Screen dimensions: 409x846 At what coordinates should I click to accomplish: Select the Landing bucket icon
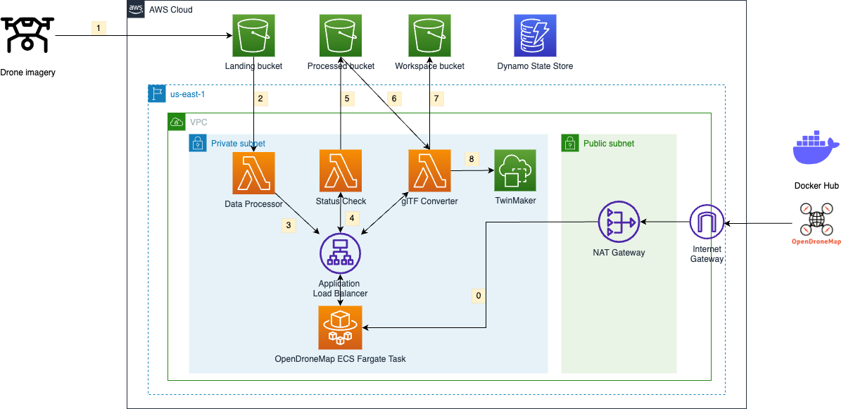253,36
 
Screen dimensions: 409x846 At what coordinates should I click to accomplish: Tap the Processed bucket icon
341,36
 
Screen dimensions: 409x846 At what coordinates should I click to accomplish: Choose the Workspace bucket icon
429,36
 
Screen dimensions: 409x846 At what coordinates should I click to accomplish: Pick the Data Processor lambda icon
253,171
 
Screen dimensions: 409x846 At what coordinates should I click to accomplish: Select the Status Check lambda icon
341,171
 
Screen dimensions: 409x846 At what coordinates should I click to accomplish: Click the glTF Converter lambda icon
429,171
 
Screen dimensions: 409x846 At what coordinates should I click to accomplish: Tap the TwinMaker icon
515,171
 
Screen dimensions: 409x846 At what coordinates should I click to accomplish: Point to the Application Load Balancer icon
341,253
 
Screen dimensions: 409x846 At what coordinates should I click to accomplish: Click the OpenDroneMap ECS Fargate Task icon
341,327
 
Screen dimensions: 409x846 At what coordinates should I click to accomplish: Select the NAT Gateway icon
619,222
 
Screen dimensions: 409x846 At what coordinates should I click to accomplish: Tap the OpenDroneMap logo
816,223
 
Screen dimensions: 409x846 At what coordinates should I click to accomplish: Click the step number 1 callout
99,28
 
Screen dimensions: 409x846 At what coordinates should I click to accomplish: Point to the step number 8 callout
471,159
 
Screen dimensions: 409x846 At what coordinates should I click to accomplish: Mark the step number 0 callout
479,296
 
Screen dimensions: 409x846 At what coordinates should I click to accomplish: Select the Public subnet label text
609,144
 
